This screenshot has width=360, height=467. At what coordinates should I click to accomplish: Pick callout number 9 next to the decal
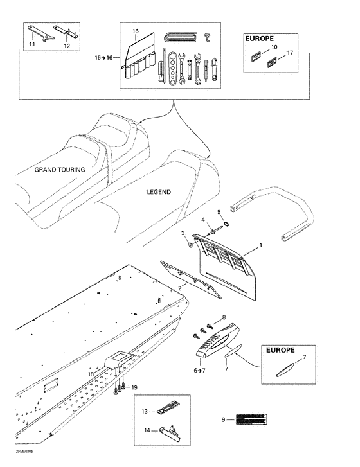(224, 419)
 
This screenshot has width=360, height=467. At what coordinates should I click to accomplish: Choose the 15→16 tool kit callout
(104, 58)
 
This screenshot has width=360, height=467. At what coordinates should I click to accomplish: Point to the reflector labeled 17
(271, 62)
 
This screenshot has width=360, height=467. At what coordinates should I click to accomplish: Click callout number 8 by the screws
(224, 317)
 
